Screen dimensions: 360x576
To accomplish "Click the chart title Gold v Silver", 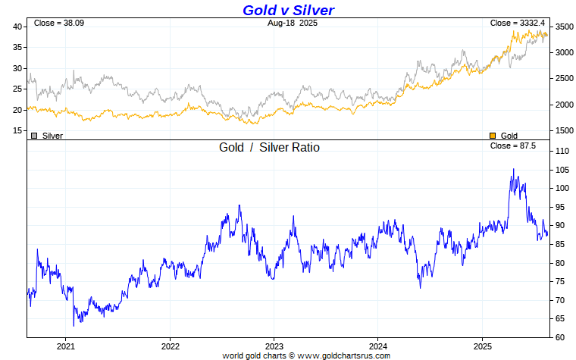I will pyautogui.click(x=288, y=10).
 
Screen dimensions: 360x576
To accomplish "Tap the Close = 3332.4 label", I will pyautogui.click(x=518, y=23).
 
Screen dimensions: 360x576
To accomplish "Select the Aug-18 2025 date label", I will pyautogui.click(x=292, y=23).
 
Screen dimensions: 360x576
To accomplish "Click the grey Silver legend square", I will pyautogui.click(x=34, y=136).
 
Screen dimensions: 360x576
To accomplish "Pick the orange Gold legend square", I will pyautogui.click(x=493, y=136).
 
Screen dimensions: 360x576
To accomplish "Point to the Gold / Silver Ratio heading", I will pyautogui.click(x=269, y=147).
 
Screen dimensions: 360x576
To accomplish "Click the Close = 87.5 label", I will pyautogui.click(x=513, y=146).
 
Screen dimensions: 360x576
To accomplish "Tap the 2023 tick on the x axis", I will pyautogui.click(x=274, y=345).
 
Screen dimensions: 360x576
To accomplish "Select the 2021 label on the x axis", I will pyautogui.click(x=66, y=345).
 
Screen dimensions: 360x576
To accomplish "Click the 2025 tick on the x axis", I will pyautogui.click(x=482, y=345).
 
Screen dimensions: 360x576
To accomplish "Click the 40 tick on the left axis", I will pyautogui.click(x=17, y=27).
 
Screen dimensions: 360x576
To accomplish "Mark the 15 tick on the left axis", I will pyautogui.click(x=17, y=130).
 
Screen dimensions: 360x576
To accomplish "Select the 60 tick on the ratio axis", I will pyautogui.click(x=562, y=337).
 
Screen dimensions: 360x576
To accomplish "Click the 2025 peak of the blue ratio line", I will pyautogui.click(x=513, y=169).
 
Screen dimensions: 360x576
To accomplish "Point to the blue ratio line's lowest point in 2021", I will pyautogui.click(x=74, y=325).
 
